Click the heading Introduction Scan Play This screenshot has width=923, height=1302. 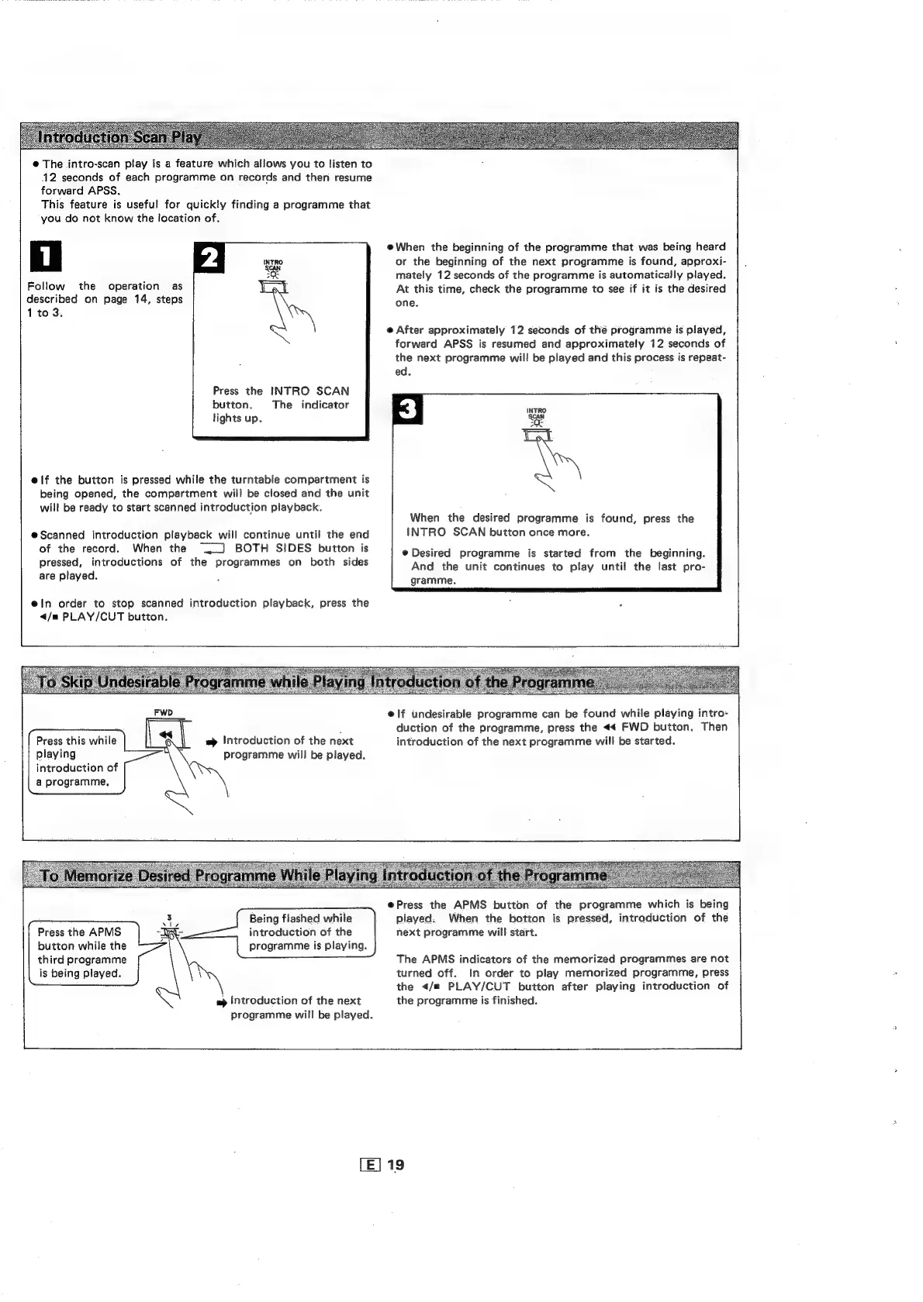coord(120,138)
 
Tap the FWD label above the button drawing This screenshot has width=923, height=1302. coord(163,711)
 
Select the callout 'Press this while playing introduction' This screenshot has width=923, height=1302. coord(76,761)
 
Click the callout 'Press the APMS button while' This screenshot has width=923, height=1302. coord(81,952)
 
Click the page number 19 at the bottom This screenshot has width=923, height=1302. coord(396,1165)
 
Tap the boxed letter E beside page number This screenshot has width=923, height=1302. coord(370,1165)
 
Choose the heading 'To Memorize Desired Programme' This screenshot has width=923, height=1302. coord(323,876)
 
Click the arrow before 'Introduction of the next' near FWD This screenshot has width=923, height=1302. coord(210,742)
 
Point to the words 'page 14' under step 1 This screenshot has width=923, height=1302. coord(124,299)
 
